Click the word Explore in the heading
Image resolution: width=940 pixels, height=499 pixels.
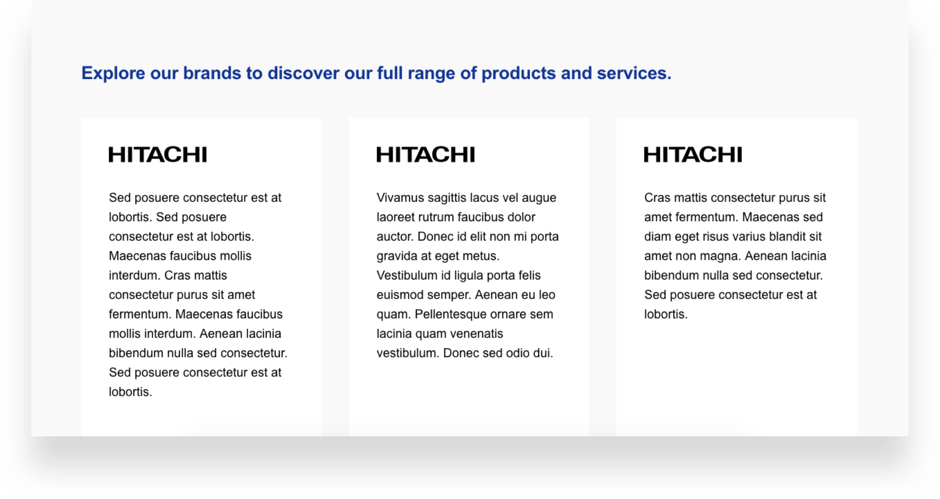tap(113, 74)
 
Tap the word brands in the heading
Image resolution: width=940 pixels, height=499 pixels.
tap(212, 73)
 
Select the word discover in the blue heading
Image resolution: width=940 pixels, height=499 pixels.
tap(303, 73)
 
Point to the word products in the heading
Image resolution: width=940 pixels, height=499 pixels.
tap(519, 74)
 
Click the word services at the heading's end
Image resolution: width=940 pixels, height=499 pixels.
tap(634, 73)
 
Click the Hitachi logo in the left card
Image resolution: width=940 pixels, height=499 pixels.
tap(158, 154)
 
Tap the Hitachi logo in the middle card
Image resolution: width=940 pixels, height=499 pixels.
tap(426, 154)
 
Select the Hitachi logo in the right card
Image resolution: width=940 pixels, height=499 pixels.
tap(693, 154)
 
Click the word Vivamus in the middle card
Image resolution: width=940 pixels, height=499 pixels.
tap(400, 197)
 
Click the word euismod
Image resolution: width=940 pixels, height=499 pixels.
tap(400, 295)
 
